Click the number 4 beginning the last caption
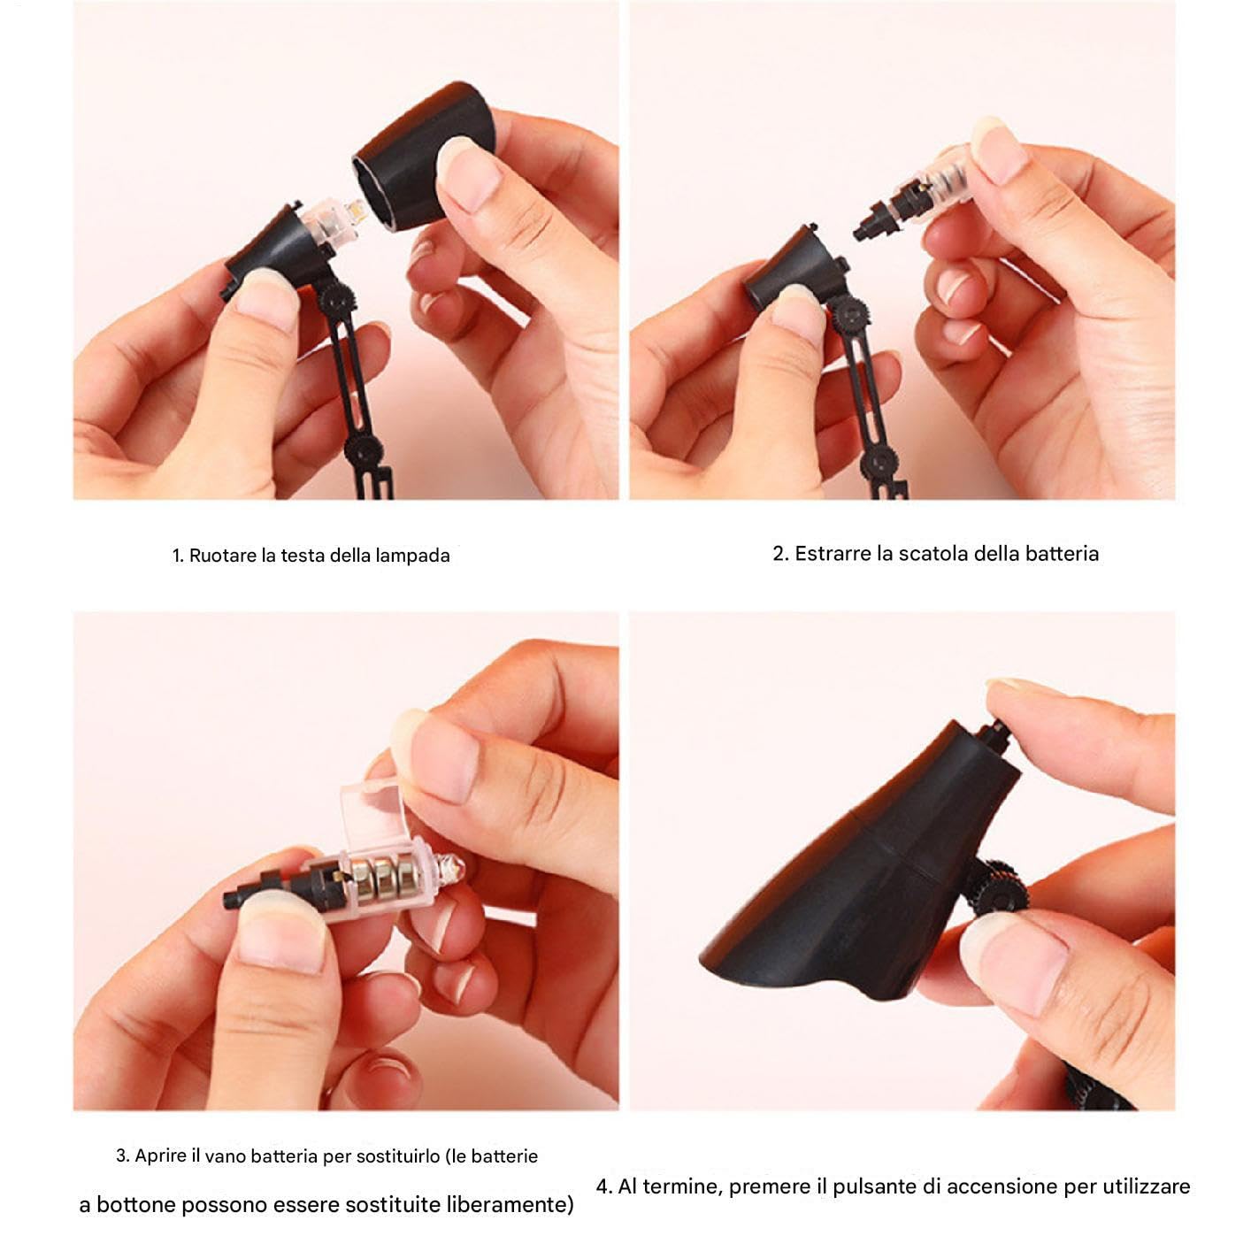(x=603, y=1186)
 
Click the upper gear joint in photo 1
(x=335, y=300)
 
